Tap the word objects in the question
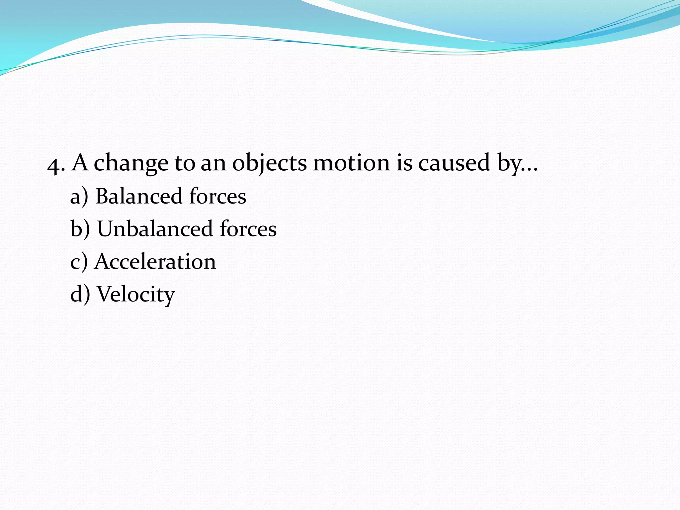pos(269,163)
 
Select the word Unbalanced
pos(155,229)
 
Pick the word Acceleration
pos(155,261)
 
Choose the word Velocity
pos(135,295)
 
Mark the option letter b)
pos(80,229)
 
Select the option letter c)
pos(79,262)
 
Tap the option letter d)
pos(80,295)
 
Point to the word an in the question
pos(213,163)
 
